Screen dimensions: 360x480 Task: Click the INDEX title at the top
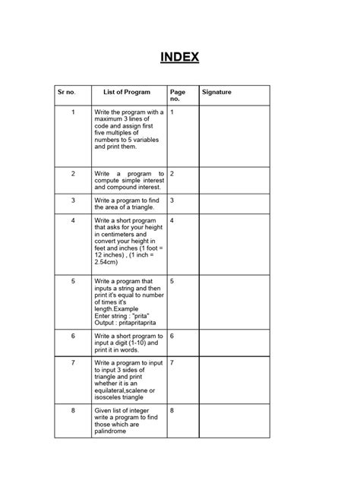coord(179,57)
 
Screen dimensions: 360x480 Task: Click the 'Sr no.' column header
coord(67,92)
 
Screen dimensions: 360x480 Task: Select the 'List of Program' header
coord(127,92)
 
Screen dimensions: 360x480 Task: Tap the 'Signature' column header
coord(216,92)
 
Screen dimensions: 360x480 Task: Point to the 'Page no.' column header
coord(178,95)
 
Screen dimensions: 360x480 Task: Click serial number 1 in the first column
coord(73,112)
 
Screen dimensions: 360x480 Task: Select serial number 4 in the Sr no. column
coord(73,220)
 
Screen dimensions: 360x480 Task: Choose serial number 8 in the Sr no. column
coord(73,410)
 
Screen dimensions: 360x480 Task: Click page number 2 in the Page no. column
coord(172,173)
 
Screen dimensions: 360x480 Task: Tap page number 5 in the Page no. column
coord(172,281)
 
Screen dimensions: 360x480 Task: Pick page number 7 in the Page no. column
coord(172,362)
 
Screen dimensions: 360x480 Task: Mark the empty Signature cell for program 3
coord(233,203)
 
